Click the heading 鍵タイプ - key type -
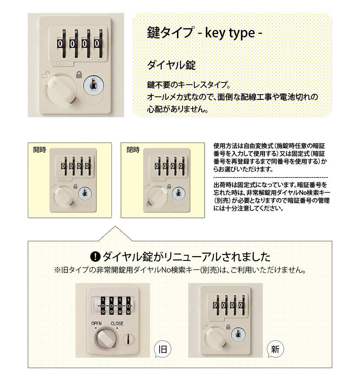pyautogui.click(x=204, y=33)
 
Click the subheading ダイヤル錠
pyautogui.click(x=171, y=65)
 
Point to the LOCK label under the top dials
pyautogui.click(x=62, y=64)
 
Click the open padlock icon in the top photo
pyautogui.click(x=46, y=74)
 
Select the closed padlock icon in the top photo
pyautogui.click(x=79, y=75)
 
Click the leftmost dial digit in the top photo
pyautogui.click(x=60, y=44)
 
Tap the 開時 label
pyautogui.click(x=39, y=150)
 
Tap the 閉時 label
pyautogui.click(x=133, y=150)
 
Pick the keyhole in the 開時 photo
pyautogui.click(x=85, y=194)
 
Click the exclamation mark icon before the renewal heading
pyautogui.click(x=95, y=257)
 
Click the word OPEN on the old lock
pyautogui.click(x=96, y=323)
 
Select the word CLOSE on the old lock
pyautogui.click(x=117, y=323)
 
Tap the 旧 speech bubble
pyautogui.click(x=163, y=349)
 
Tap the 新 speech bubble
pyautogui.click(x=275, y=349)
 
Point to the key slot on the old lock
pyautogui.click(x=128, y=339)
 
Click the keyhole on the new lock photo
pyautogui.click(x=238, y=334)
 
